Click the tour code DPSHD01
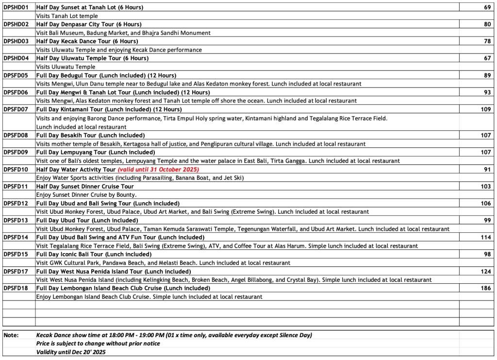tap(16, 7)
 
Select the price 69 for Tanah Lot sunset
tap(487, 7)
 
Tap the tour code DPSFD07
tap(16, 109)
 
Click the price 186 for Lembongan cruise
tap(486, 288)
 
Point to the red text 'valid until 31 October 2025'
tap(158, 170)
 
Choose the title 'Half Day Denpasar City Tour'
tap(89, 24)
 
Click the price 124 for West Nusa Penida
tap(486, 271)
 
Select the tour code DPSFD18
tap(16, 288)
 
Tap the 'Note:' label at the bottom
tap(12, 335)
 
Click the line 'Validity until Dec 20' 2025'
tap(71, 352)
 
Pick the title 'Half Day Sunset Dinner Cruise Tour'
tap(85, 187)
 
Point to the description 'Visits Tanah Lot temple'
tap(67, 16)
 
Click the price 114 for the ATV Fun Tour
tap(486, 237)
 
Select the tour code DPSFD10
tap(16, 170)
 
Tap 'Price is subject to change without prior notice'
tap(98, 343)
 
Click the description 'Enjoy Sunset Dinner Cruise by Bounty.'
tap(86, 195)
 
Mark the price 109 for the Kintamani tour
tap(486, 109)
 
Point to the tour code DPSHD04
tap(16, 58)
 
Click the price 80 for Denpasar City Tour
tap(487, 24)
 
